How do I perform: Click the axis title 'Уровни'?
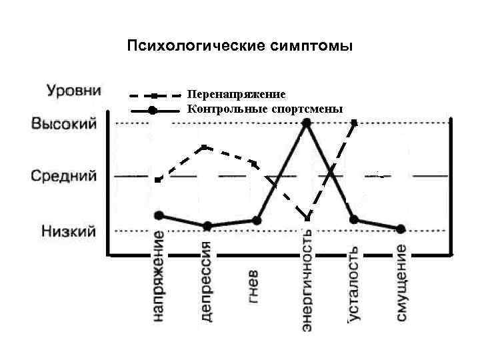coord(73,90)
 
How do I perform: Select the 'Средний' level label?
coord(64,177)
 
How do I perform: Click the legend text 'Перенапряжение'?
coord(237,95)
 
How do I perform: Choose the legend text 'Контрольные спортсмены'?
coord(265,109)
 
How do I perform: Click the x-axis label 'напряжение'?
coord(159,277)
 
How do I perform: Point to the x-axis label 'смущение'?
coord(401,282)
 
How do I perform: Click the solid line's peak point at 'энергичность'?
coord(306,123)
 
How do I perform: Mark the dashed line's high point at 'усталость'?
coord(354,123)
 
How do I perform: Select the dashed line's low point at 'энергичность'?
coord(307,218)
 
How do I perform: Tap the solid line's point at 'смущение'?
coord(401,229)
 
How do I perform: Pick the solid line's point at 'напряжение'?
coord(159,215)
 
